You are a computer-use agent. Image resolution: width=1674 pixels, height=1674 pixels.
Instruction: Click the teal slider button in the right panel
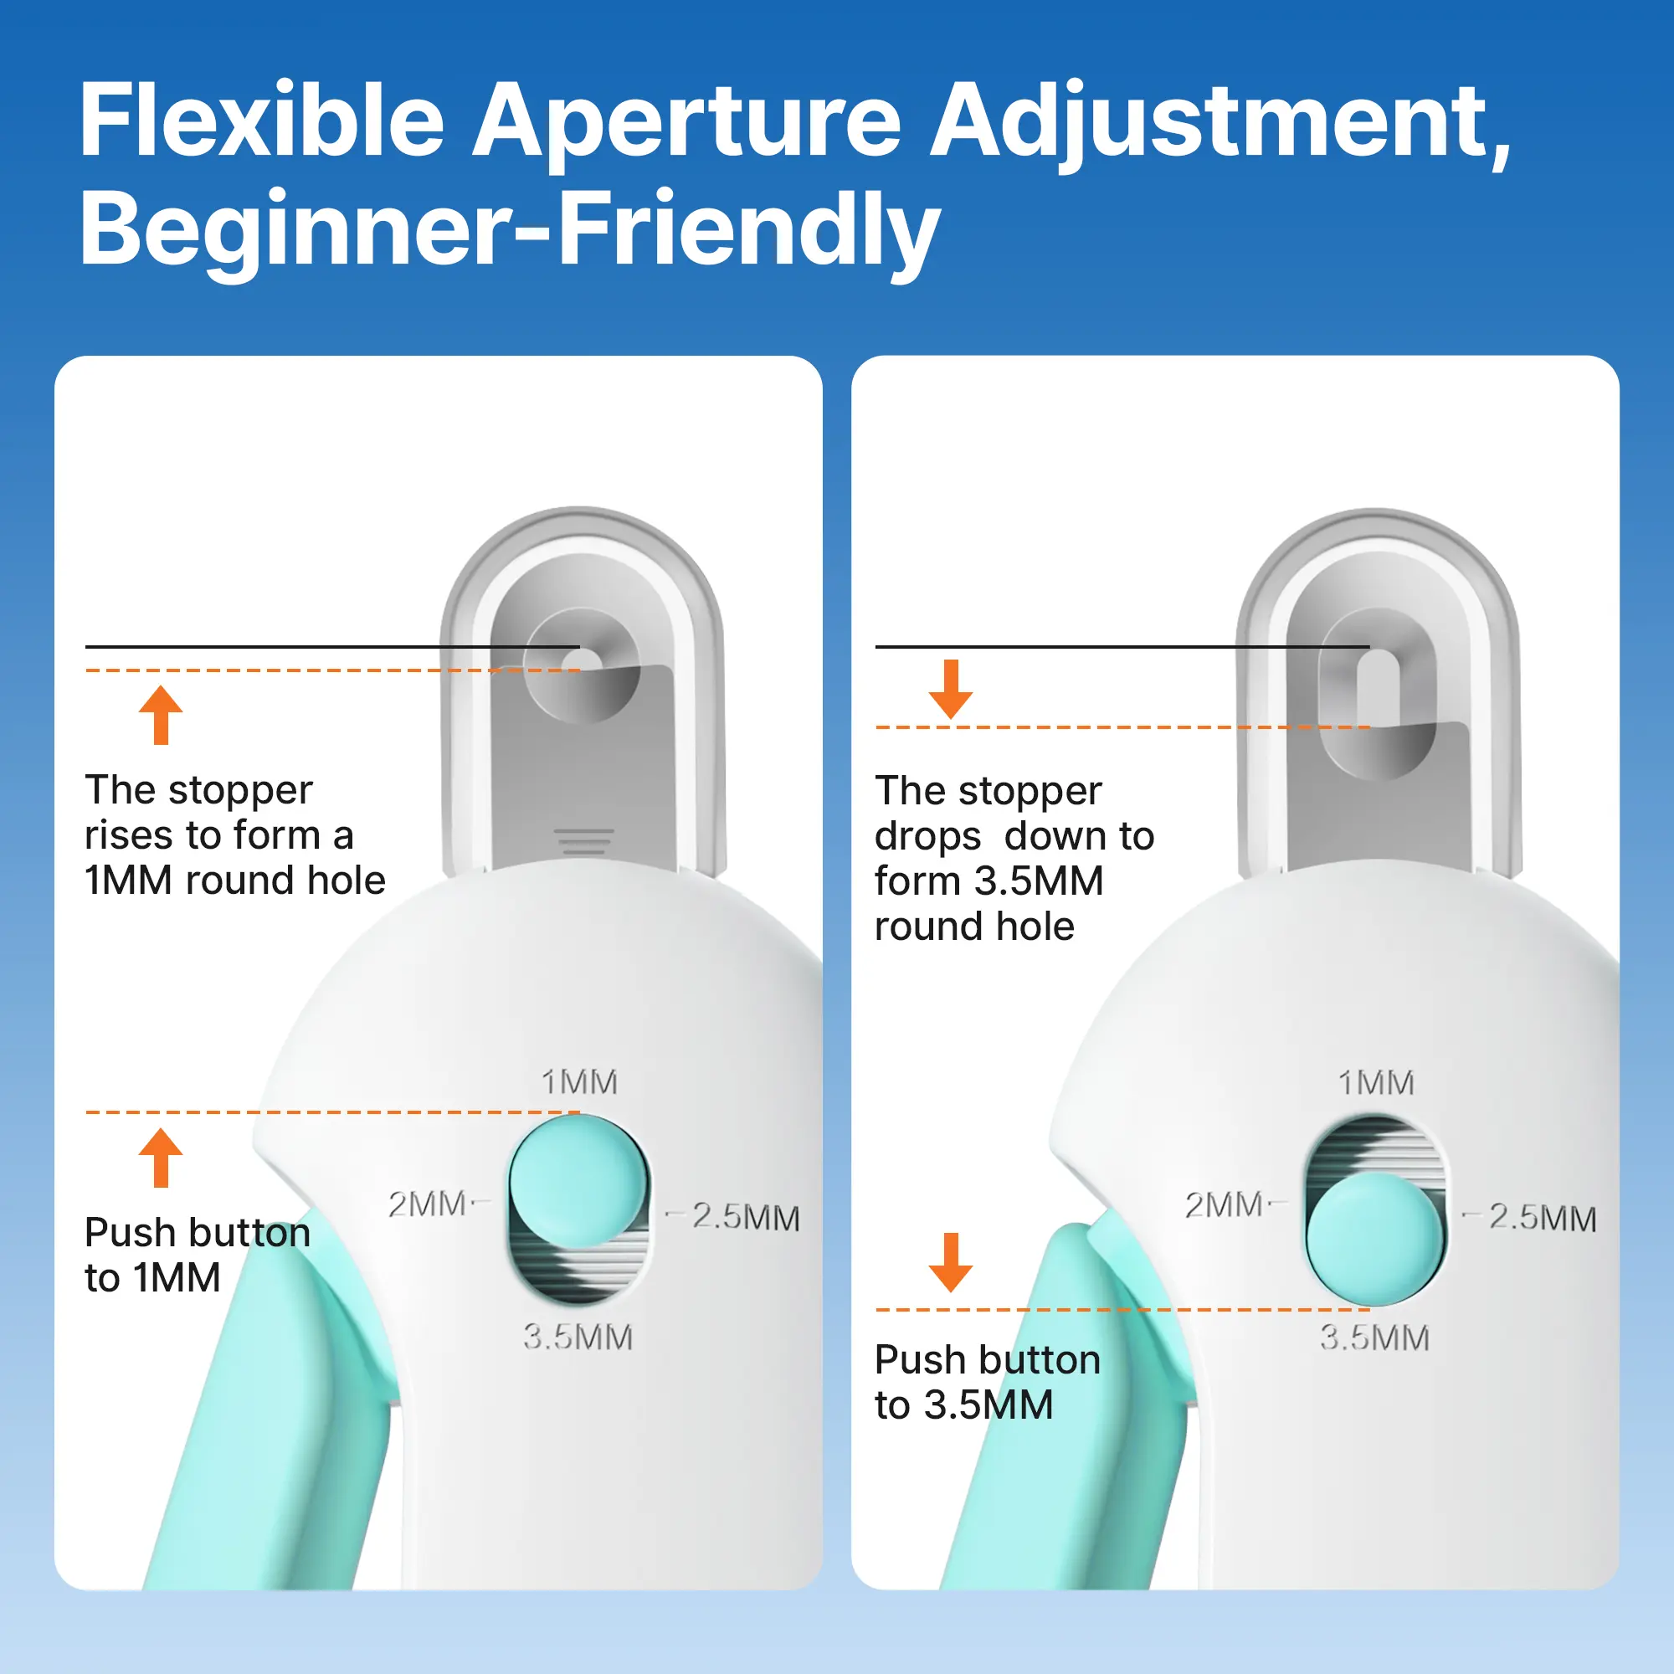[x=1375, y=1238]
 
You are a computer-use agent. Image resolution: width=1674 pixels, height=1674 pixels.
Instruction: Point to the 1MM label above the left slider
[x=580, y=1081]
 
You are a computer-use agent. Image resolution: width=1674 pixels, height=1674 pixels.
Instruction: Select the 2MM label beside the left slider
[x=428, y=1204]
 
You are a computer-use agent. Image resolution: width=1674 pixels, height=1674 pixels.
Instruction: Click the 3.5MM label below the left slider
[x=578, y=1337]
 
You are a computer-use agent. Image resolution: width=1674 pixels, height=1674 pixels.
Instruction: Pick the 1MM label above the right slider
[x=1377, y=1082]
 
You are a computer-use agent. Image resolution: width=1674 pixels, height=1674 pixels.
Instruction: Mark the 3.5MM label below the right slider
[x=1375, y=1338]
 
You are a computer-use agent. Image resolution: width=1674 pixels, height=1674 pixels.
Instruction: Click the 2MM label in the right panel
[x=1225, y=1204]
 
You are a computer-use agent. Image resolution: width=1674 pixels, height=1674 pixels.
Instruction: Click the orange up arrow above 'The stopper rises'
[x=162, y=715]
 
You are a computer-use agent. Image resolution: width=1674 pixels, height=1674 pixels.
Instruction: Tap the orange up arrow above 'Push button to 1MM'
[x=162, y=1158]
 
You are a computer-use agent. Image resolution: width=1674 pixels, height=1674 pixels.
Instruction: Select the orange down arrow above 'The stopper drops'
[x=951, y=690]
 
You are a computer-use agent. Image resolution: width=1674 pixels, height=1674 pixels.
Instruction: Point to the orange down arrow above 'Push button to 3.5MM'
[x=951, y=1262]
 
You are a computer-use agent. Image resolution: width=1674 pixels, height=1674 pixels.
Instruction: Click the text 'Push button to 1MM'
[x=198, y=1255]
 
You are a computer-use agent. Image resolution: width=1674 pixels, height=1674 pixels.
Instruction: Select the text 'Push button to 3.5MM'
[x=988, y=1382]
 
